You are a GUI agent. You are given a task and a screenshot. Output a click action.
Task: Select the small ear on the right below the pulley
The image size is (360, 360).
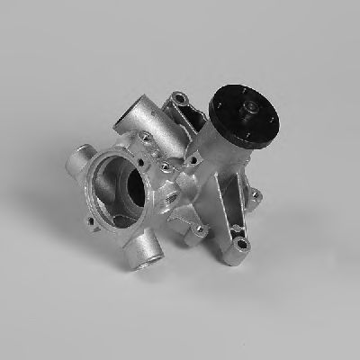256,193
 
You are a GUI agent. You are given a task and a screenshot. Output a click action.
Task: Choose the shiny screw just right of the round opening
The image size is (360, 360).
166,166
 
